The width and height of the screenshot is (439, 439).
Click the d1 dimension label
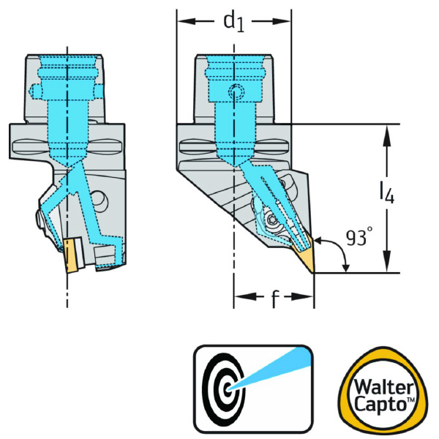(x=233, y=23)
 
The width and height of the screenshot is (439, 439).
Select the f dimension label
(x=274, y=301)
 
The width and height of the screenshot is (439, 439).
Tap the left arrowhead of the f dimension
(x=239, y=297)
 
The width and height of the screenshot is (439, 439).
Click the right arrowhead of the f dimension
(x=309, y=297)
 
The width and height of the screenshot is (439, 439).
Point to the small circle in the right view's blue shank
(x=234, y=92)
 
